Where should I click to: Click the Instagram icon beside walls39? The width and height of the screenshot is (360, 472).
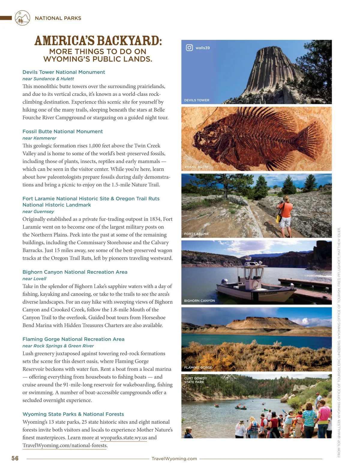[189, 48]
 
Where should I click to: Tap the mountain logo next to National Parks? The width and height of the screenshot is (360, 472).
[22, 18]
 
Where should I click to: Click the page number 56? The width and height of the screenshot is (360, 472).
[15, 458]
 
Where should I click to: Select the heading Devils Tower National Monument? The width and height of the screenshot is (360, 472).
[64, 72]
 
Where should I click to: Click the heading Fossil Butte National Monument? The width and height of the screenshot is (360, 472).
[62, 131]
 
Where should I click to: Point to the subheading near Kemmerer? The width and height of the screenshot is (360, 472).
[39, 138]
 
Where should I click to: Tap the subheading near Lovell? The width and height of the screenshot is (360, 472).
[34, 279]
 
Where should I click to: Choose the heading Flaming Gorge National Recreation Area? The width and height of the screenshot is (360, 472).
[73, 339]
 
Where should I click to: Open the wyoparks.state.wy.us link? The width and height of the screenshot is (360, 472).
[124, 438]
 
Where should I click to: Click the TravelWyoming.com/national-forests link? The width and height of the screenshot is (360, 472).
[65, 445]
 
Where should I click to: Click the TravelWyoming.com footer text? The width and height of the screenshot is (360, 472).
[174, 459]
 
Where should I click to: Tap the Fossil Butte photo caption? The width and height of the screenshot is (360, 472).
[196, 167]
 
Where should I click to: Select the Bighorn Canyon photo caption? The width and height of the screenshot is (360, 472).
[199, 301]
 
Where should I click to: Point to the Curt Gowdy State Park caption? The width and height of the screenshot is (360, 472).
[195, 380]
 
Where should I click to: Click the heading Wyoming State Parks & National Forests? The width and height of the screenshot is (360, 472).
[73, 414]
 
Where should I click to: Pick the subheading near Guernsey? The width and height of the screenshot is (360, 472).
[38, 212]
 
